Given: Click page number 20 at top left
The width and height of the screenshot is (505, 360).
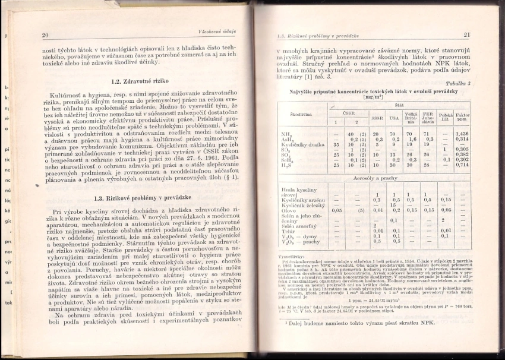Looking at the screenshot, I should tap(45, 35).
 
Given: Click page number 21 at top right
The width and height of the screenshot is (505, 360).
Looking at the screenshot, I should tap(467, 35).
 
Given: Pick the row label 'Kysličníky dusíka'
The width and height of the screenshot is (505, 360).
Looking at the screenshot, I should tap(303, 144).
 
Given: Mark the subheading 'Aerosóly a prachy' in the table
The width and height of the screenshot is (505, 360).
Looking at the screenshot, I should tap(374, 178).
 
